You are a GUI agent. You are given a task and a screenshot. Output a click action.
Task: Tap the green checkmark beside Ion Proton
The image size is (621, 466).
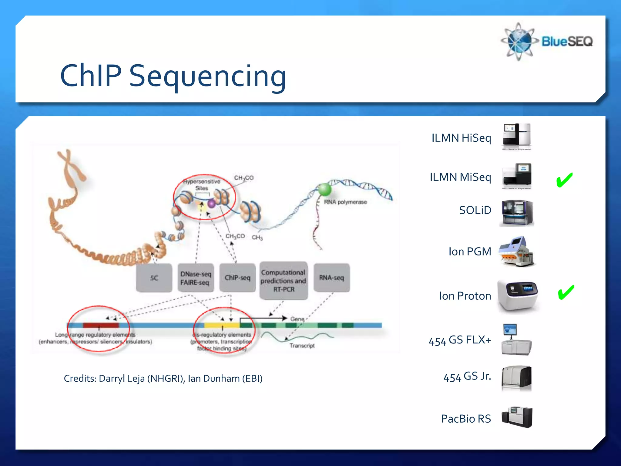click(566, 292)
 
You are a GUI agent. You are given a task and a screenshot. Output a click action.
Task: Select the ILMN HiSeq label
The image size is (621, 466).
click(461, 138)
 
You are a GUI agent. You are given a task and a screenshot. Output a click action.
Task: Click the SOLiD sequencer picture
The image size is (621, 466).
click(517, 213)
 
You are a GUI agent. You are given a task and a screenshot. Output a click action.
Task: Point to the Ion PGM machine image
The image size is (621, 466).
click(517, 252)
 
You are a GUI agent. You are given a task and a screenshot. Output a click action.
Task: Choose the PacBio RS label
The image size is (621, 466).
click(465, 419)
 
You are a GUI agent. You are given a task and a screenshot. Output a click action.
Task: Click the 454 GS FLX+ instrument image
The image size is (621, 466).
click(516, 340)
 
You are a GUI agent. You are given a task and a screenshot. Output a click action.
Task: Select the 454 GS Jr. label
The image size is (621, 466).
click(467, 377)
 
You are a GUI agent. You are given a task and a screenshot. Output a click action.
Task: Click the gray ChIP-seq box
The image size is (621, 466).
click(237, 278)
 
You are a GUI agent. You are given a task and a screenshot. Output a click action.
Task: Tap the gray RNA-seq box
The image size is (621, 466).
click(331, 278)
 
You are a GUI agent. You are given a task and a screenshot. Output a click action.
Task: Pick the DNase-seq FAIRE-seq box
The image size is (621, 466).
click(196, 278)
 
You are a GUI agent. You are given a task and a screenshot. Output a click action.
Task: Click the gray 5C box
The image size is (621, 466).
click(154, 278)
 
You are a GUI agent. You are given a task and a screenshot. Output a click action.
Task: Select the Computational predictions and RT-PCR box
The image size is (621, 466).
click(284, 281)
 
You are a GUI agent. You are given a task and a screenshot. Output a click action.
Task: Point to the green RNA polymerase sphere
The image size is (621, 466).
click(324, 189)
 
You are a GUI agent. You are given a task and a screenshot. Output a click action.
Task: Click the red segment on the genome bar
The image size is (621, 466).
click(101, 325)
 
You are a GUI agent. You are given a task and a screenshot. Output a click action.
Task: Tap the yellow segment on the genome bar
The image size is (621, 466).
click(222, 325)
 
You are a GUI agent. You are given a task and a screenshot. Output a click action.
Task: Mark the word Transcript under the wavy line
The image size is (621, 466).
click(302, 346)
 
